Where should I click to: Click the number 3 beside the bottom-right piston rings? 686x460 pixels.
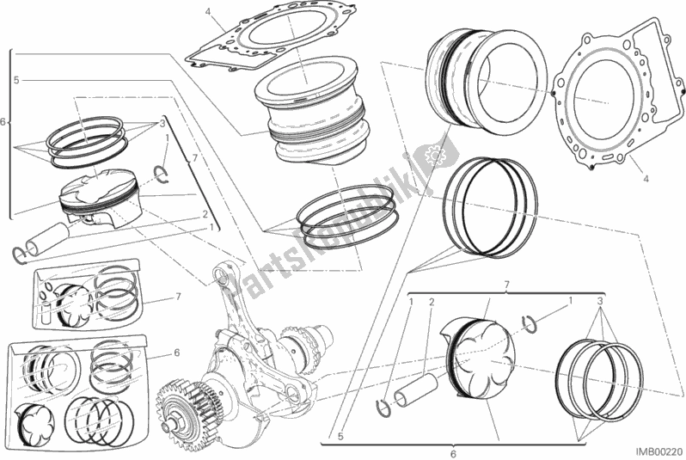click(600, 302)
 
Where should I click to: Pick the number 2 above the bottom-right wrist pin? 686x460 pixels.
click(432, 303)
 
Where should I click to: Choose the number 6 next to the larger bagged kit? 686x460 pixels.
click(175, 352)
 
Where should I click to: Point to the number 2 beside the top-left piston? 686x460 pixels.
click(205, 213)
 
